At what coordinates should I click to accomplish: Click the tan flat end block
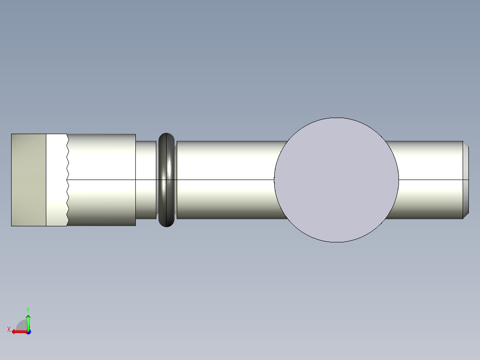[28, 180]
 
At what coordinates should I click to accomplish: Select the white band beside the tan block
[56, 180]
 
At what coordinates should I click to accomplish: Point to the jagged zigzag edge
[68, 180]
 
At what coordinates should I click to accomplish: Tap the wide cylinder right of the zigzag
[102, 180]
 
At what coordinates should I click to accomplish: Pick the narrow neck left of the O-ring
[146, 180]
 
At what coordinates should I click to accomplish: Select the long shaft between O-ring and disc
[225, 180]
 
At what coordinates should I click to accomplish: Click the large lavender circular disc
[336, 180]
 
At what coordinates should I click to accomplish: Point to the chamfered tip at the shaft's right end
[466, 180]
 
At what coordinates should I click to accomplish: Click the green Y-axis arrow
[28, 322]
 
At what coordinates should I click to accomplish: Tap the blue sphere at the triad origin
[28, 332]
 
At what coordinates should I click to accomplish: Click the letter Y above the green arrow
[28, 309]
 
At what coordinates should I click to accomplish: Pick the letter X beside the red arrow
[9, 329]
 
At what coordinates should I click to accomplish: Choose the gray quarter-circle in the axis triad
[21, 325]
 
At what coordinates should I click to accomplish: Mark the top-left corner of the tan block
[12, 134]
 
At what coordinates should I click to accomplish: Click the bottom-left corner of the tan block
[12, 225]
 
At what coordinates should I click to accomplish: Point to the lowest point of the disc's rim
[336, 242]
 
